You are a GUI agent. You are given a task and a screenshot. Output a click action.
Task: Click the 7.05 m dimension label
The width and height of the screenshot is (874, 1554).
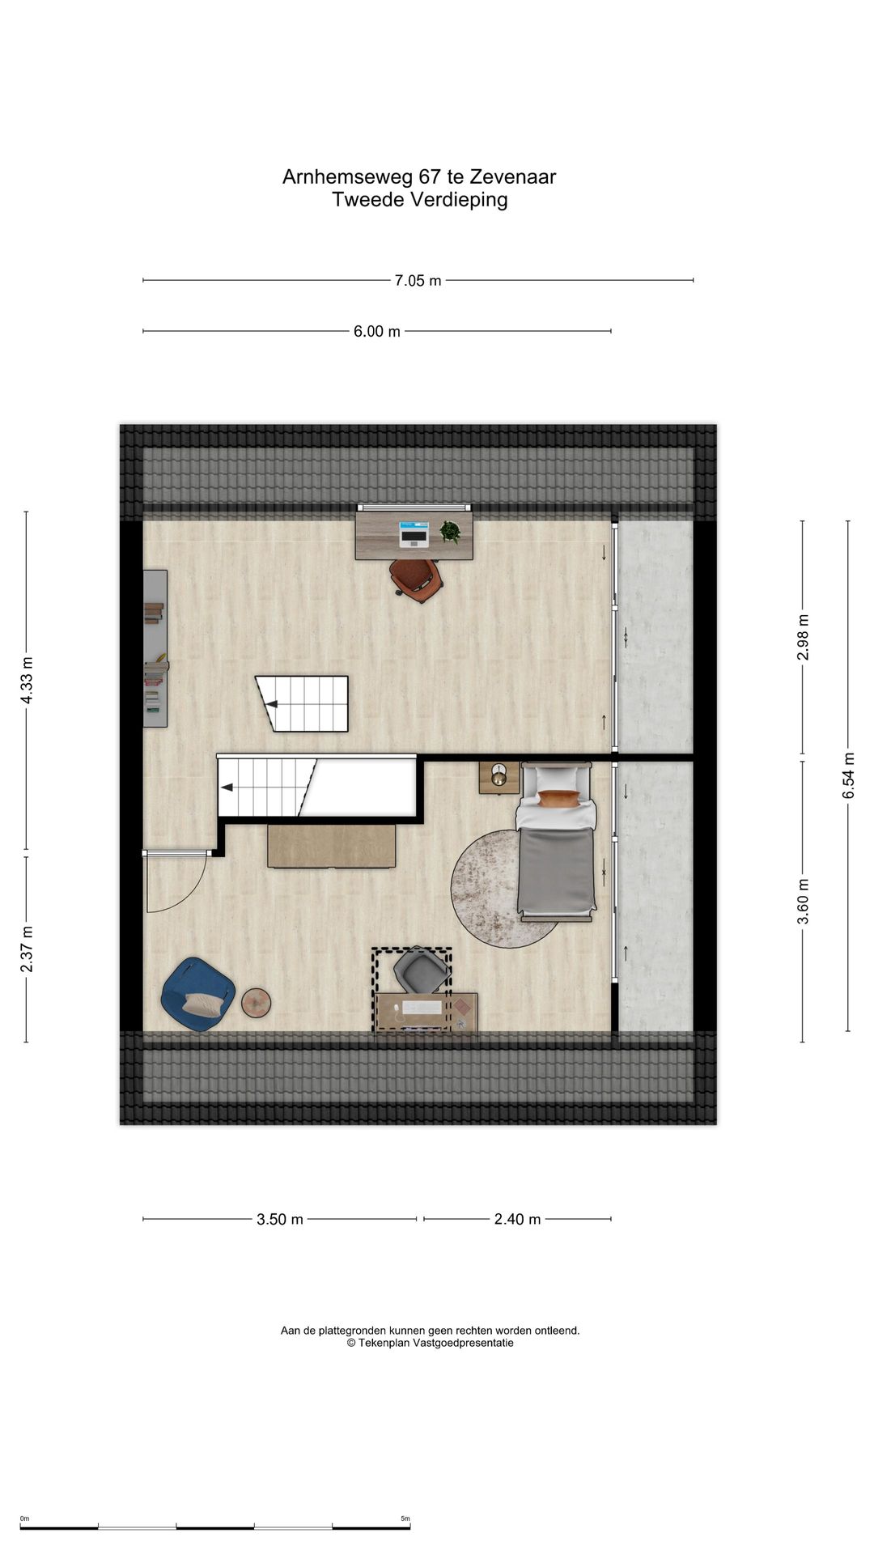click(x=418, y=281)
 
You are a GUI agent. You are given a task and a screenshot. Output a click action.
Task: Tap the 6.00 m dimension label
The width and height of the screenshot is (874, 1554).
click(x=376, y=331)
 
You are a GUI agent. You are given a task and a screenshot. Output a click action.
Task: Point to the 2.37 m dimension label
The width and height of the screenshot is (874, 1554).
click(x=27, y=949)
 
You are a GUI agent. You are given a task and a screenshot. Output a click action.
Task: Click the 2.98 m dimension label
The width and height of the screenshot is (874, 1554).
click(x=803, y=637)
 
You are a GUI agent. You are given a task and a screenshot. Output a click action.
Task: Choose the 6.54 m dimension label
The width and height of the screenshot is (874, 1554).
click(x=848, y=776)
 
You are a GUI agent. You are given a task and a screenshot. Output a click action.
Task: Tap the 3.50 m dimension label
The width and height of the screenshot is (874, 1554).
click(x=280, y=1219)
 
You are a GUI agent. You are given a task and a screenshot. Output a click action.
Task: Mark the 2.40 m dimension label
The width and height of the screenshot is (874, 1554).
click(x=517, y=1219)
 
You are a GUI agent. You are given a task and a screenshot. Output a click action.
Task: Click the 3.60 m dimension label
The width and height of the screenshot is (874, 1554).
click(x=803, y=901)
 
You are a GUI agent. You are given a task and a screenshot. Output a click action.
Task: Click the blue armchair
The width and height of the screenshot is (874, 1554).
click(x=198, y=995)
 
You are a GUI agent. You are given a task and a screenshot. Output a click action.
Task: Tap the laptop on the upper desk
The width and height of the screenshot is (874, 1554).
click(x=414, y=534)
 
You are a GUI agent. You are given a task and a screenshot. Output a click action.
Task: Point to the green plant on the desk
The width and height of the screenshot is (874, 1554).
click(x=450, y=532)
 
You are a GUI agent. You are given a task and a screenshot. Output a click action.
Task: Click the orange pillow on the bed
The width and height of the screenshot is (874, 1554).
click(x=559, y=799)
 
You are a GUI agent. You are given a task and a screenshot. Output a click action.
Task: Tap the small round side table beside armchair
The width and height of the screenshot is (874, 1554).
click(x=257, y=1003)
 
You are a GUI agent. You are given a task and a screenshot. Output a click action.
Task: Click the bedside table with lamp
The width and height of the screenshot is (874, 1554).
click(x=499, y=777)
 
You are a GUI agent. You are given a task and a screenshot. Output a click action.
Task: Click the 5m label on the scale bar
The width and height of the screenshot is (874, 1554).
click(x=405, y=1518)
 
